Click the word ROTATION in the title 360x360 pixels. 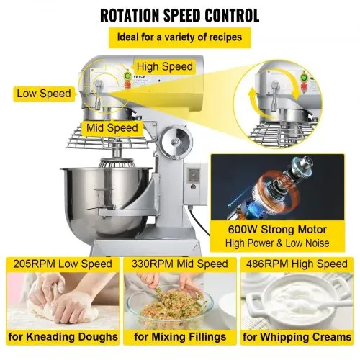[130, 16]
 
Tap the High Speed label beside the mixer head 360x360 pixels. [165, 66]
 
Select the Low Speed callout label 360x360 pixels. [44, 94]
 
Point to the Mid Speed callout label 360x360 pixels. [112, 127]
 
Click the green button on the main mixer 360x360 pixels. [127, 76]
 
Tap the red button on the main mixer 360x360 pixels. [127, 84]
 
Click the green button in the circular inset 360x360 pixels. [305, 77]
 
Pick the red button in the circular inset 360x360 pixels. [304, 86]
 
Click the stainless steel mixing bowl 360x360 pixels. [106, 200]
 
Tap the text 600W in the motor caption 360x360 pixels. [243, 230]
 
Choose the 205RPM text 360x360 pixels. [35, 264]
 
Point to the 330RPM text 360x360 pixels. [153, 264]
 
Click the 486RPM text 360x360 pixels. [267, 264]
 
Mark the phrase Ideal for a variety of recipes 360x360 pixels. [179, 37]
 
